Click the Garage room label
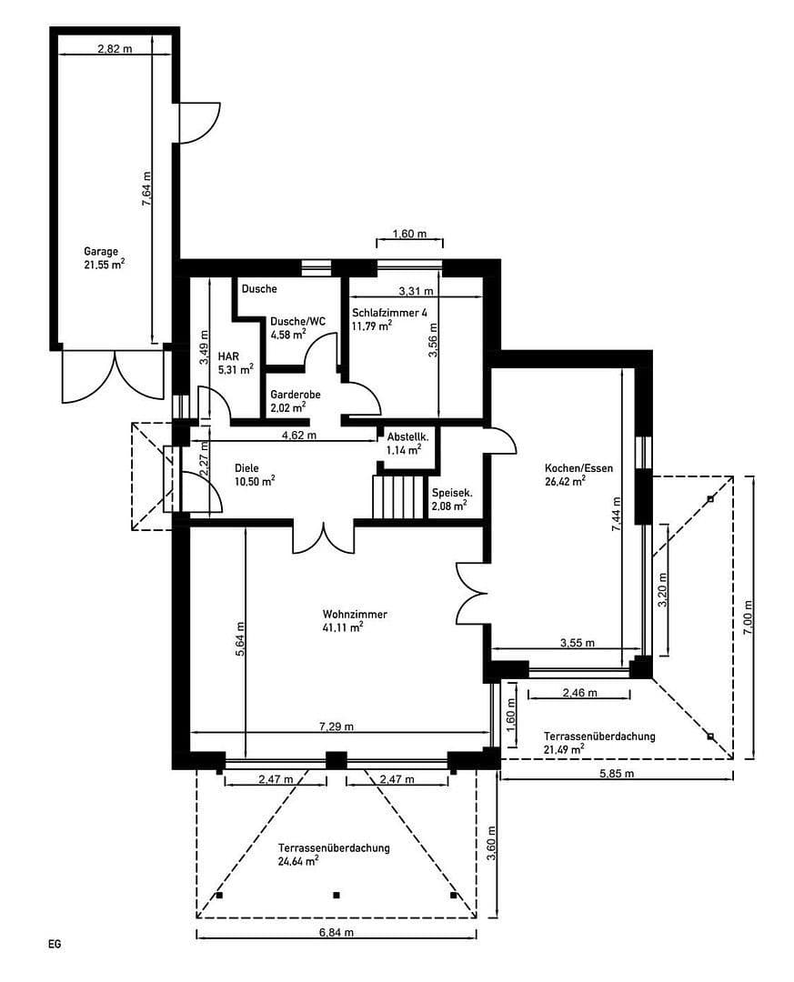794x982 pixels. point(101,251)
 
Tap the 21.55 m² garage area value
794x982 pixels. point(104,266)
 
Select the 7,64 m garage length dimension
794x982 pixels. point(146,189)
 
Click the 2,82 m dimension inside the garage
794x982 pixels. point(114,49)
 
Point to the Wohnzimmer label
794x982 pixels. point(354,614)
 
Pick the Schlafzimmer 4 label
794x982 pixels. point(389,312)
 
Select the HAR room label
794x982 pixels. point(227,357)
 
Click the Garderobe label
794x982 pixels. point(294,396)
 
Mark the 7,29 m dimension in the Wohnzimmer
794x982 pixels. point(337,726)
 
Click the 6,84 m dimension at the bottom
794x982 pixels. point(337,933)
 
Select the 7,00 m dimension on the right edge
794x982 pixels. point(748,616)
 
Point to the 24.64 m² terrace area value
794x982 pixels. point(298,860)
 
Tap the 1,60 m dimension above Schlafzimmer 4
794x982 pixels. point(409,234)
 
